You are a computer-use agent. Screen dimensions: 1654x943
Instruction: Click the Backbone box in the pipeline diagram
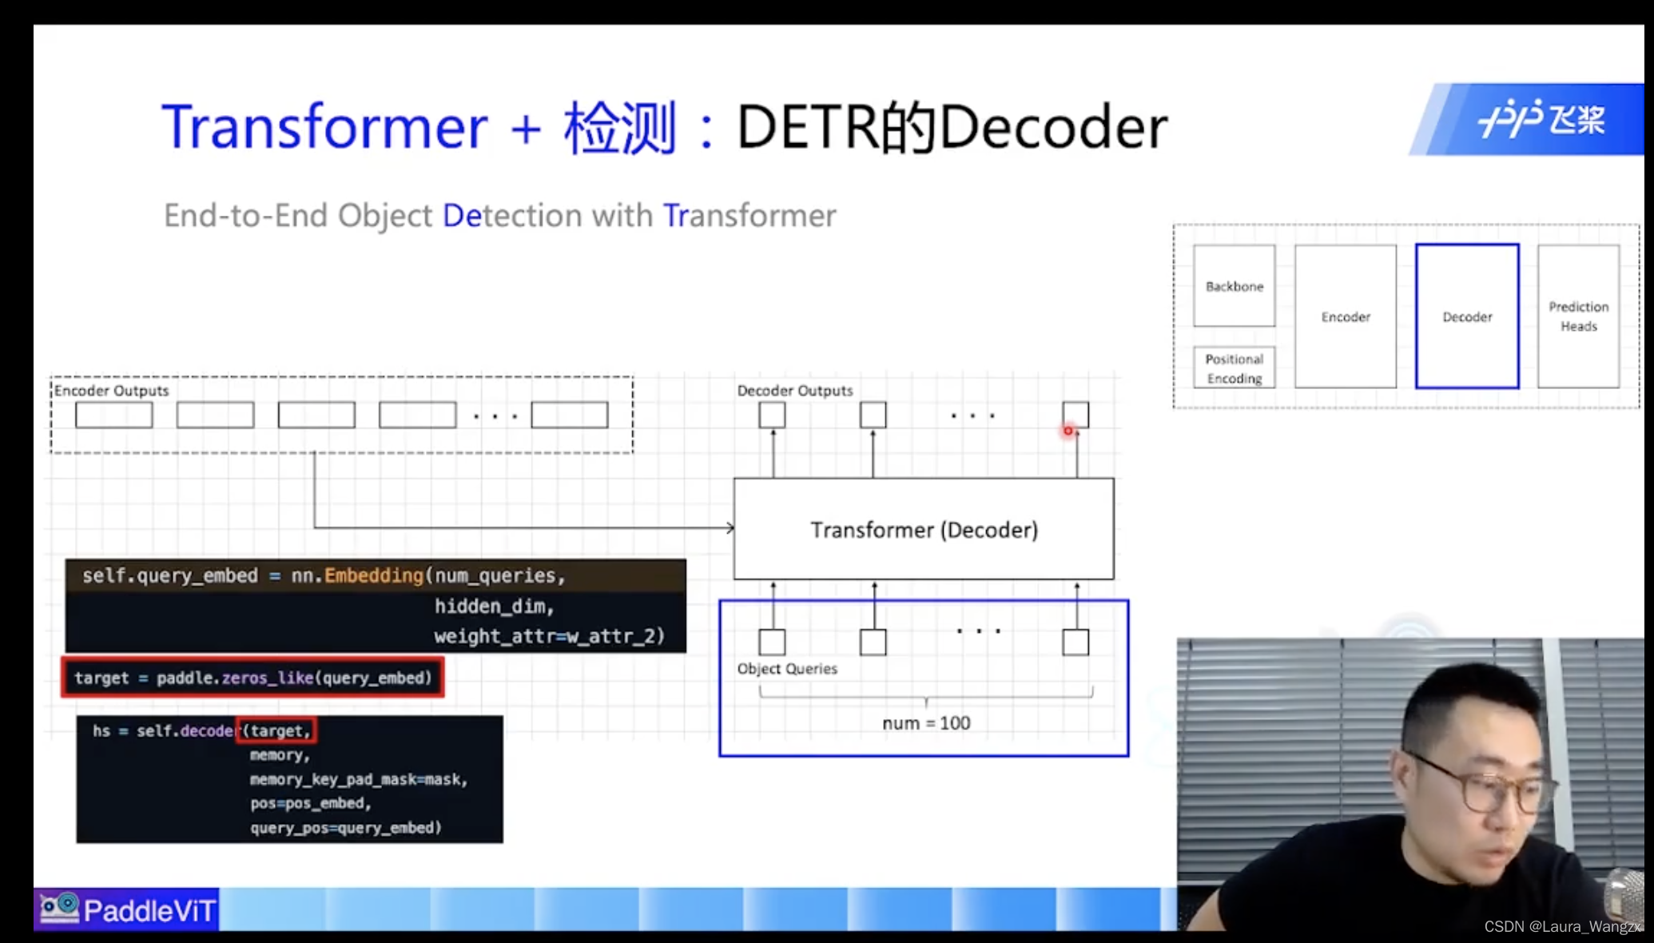tap(1234, 286)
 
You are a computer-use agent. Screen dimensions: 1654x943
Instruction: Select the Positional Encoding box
tap(1234, 368)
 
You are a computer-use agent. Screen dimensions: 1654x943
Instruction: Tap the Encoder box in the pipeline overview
tap(1346, 317)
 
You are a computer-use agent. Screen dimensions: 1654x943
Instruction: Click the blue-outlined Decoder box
tap(1467, 317)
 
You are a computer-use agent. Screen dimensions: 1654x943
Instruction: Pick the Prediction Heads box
tap(1578, 316)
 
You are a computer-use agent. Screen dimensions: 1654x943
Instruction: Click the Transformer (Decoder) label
tap(924, 530)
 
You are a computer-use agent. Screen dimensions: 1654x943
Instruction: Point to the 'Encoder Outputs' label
tap(112, 391)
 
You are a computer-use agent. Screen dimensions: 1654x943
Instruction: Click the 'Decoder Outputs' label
tap(795, 391)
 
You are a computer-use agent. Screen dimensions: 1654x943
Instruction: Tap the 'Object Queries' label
tap(787, 669)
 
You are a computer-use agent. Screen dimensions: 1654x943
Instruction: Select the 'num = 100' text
tap(926, 723)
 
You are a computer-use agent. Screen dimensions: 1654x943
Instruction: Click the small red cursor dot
tap(1068, 432)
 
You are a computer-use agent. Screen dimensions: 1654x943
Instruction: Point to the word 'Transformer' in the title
tap(324, 127)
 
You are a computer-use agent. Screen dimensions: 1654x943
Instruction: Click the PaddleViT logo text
tap(149, 910)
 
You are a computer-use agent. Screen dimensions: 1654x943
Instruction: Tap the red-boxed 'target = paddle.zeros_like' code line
tap(252, 678)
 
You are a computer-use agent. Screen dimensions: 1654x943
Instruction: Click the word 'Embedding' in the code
tap(373, 575)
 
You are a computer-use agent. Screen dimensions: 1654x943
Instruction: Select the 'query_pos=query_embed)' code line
tap(345, 828)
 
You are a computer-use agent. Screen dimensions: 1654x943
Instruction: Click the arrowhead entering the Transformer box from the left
tap(730, 527)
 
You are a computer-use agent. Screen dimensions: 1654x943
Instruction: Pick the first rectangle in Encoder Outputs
tap(114, 416)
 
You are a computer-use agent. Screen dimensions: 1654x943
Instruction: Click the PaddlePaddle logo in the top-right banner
tap(1541, 120)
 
